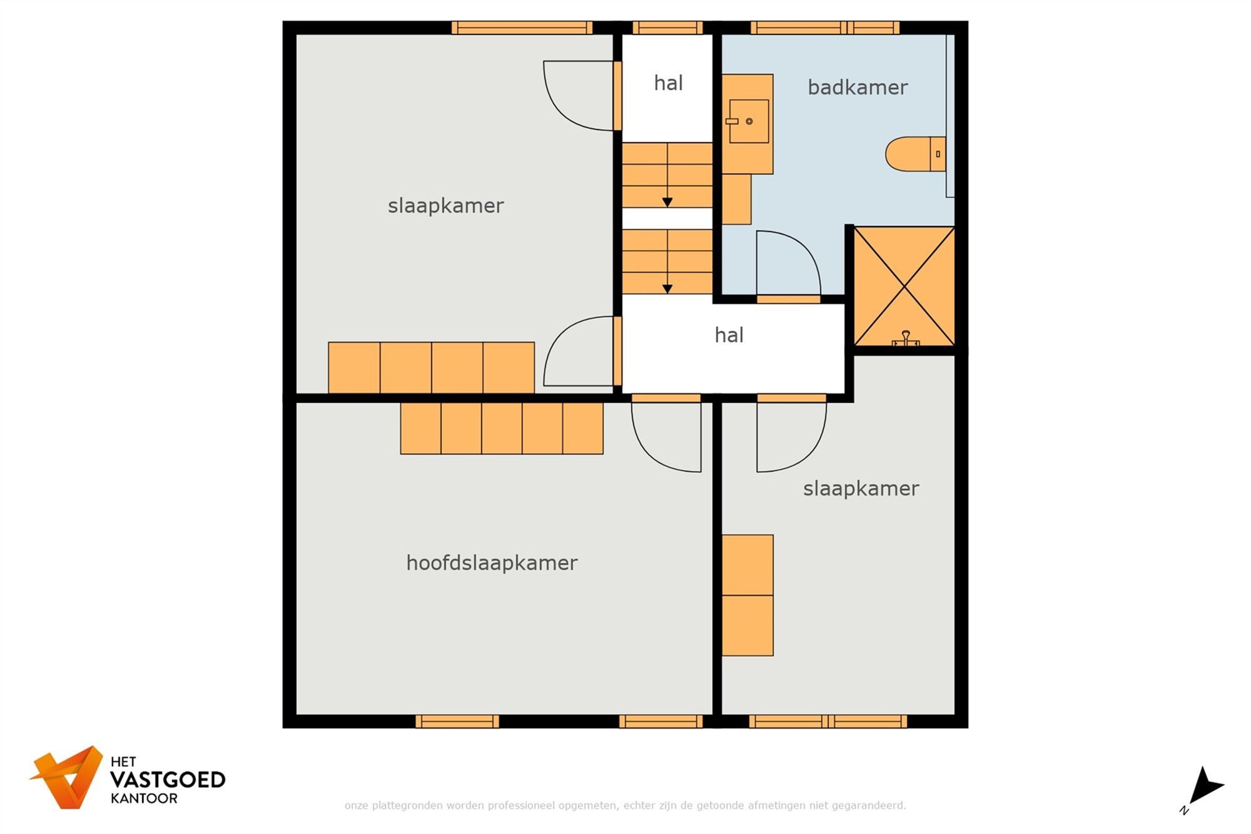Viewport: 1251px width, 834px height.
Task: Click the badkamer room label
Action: tap(857, 88)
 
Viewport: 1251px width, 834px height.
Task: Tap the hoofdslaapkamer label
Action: tap(492, 563)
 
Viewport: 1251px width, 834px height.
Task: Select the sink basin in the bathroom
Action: tap(749, 121)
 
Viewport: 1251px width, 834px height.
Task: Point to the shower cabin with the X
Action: tap(904, 287)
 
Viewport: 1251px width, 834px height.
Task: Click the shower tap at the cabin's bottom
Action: tap(905, 339)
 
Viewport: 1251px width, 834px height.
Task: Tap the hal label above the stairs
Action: tap(668, 83)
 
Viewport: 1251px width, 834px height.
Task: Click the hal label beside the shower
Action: tap(729, 335)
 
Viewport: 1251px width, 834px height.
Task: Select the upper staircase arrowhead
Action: tap(667, 202)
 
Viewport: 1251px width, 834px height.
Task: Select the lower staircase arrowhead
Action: tap(667, 288)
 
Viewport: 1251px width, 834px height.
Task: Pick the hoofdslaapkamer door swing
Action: tap(663, 438)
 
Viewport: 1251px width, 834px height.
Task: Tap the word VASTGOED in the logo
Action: tap(168, 780)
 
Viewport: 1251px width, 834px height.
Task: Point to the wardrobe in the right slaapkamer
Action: tap(747, 595)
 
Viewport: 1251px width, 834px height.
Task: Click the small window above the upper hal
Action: tap(667, 28)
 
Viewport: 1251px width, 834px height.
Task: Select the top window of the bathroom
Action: tap(824, 28)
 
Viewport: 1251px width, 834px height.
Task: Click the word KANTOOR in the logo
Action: tap(144, 799)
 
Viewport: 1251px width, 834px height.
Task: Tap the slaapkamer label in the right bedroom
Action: tap(861, 489)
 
